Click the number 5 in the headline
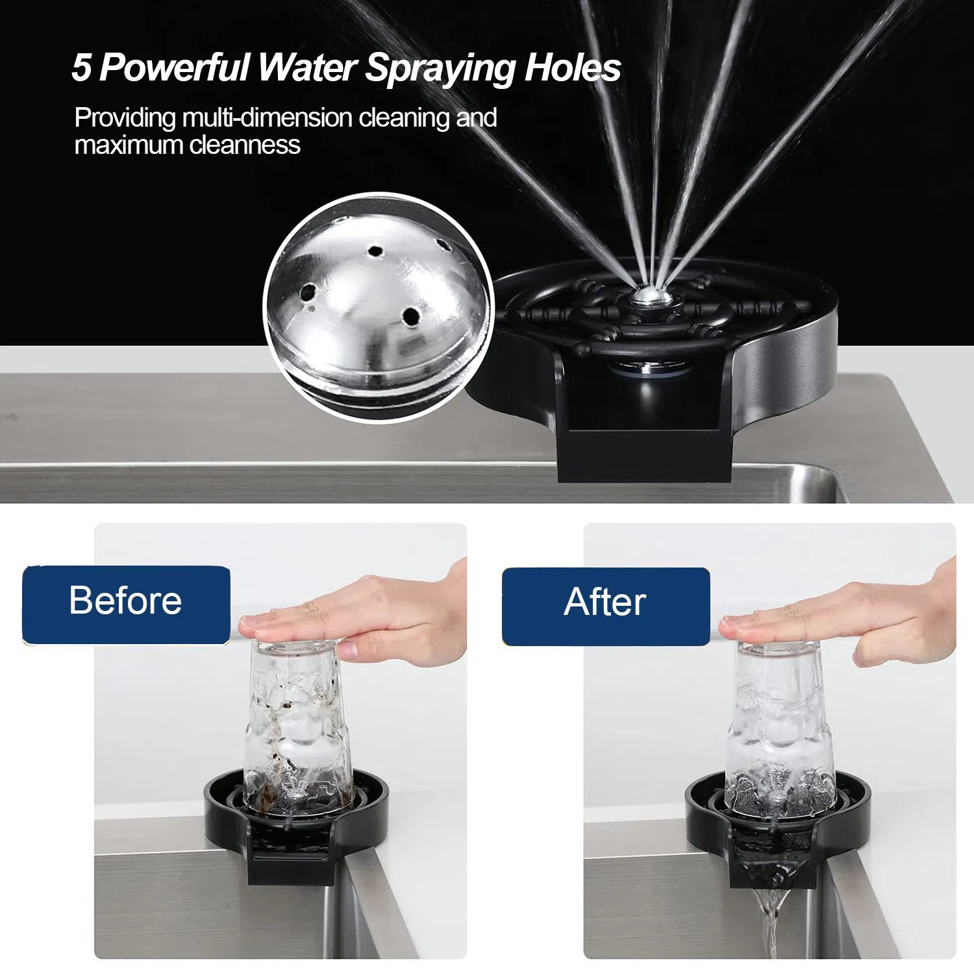[x=81, y=68]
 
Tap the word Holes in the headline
[x=572, y=68]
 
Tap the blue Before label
[x=126, y=604]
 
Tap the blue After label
[x=605, y=605]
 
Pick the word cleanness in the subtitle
[x=245, y=145]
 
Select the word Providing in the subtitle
[x=125, y=118]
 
